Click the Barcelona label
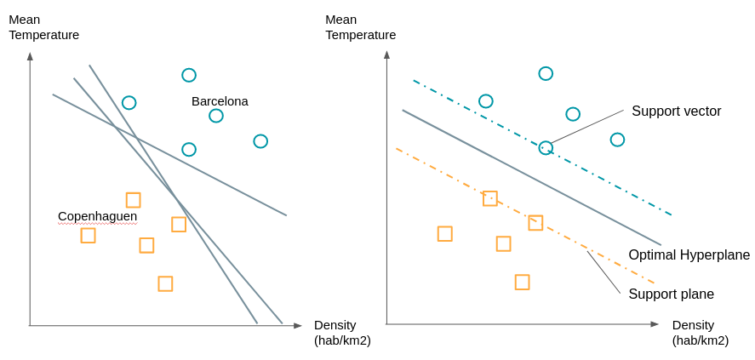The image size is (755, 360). [220, 101]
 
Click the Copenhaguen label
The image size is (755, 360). [97, 216]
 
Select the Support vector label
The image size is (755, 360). [676, 111]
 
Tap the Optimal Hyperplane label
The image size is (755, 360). [689, 255]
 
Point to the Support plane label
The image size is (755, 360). [671, 294]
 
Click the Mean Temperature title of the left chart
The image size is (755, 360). [43, 27]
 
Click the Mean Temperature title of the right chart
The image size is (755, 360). [360, 27]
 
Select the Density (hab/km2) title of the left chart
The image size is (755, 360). [342, 333]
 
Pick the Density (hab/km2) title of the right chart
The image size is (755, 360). [701, 333]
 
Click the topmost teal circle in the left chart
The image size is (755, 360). [189, 75]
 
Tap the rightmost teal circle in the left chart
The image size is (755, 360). [260, 141]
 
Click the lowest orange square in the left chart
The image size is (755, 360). [165, 283]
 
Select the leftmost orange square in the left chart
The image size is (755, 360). [88, 235]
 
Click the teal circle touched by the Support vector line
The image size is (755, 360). [546, 148]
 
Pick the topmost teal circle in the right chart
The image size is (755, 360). [546, 74]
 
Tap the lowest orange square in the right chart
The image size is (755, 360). [522, 282]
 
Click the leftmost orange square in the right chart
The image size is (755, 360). [444, 233]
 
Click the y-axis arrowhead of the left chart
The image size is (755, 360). [30, 56]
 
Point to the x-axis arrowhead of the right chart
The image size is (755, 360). [655, 324]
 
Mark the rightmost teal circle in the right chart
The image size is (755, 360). [617, 140]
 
